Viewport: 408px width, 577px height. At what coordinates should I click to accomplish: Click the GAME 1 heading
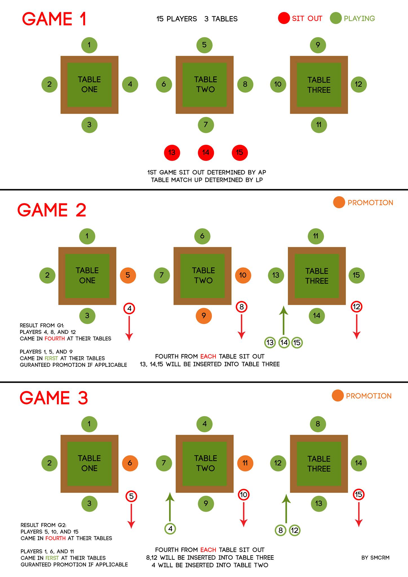54,19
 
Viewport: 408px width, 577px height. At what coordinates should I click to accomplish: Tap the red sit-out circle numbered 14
206,152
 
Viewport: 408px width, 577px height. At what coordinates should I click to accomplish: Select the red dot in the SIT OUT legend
284,18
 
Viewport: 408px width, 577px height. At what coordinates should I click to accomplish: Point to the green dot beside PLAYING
336,18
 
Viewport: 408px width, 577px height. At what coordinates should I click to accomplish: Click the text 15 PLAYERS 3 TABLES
197,19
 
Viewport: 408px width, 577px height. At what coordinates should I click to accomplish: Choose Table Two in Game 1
205,85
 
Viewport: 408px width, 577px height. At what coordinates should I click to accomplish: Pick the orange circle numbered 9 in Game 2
204,316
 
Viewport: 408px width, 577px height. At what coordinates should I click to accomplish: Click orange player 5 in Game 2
128,275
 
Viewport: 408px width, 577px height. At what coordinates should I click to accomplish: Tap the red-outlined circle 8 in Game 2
241,307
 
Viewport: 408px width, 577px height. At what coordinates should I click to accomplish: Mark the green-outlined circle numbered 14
284,343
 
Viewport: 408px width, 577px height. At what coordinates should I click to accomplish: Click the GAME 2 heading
52,210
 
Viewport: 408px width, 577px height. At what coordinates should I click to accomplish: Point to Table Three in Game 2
317,276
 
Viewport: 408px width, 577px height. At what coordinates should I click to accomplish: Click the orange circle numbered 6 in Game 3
130,463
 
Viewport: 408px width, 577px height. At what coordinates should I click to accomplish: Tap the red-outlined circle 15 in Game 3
358,494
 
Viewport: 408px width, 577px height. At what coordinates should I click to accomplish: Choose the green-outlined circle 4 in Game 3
170,529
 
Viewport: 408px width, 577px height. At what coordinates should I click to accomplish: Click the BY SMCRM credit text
375,557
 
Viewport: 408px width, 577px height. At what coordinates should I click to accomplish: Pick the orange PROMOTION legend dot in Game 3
338,396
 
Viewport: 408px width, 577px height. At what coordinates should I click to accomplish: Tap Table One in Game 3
89,463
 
